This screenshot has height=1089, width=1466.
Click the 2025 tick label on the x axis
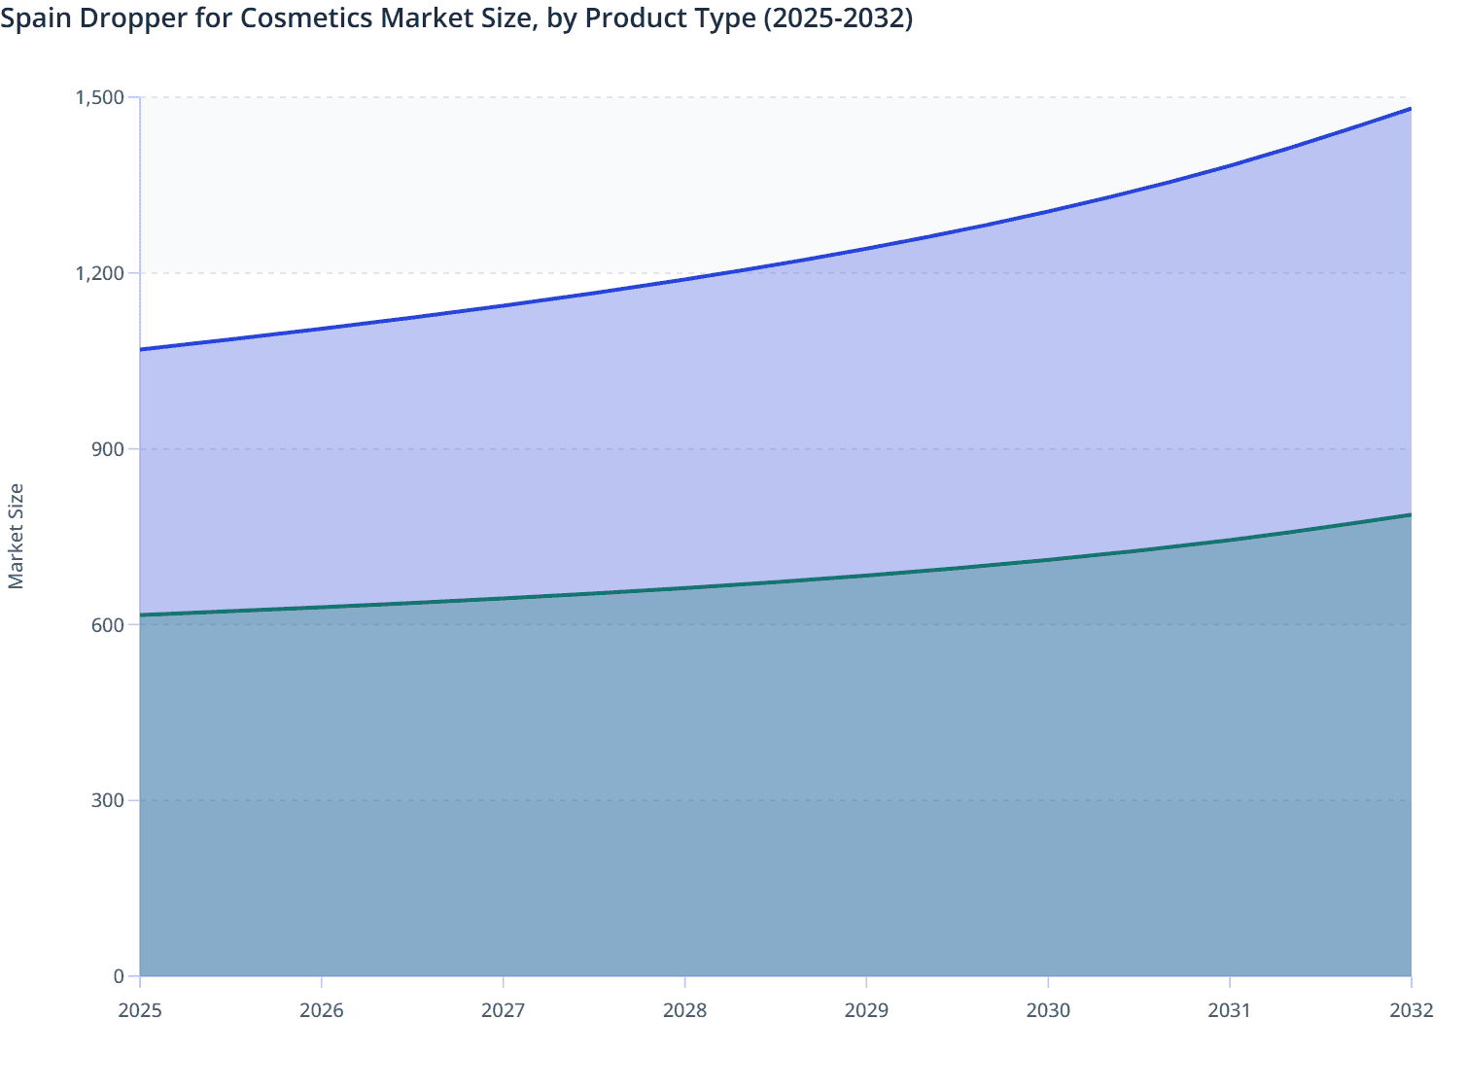pos(140,1010)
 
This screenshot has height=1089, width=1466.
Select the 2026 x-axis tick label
pos(322,1010)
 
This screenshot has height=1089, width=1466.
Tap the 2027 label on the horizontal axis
pos(504,1010)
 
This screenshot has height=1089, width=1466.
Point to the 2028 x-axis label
pos(685,1010)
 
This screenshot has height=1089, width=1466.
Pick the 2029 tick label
pos(866,1010)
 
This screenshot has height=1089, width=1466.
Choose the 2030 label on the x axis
pos(1048,1010)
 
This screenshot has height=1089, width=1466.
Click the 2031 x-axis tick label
pos(1230,1010)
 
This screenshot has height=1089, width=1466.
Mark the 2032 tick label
pos(1412,1010)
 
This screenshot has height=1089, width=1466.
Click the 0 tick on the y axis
pos(119,976)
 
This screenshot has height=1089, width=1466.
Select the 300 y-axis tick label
pos(108,800)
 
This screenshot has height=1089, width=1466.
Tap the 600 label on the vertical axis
pos(108,624)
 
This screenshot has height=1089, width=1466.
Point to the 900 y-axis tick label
pos(108,448)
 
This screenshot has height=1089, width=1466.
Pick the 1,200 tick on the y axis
pos(100,273)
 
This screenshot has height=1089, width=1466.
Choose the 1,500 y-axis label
pos(100,97)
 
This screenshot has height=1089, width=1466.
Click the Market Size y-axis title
pos(17,536)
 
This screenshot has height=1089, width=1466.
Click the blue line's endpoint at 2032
pos(1411,109)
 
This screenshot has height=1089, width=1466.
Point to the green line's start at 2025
pos(141,615)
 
